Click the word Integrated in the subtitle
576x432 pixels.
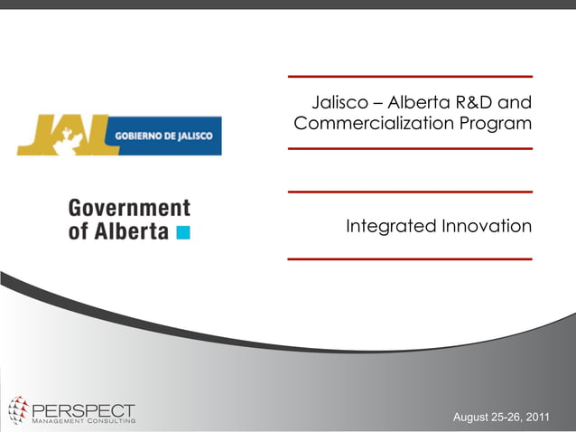(391, 225)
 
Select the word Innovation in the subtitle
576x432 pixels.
(487, 225)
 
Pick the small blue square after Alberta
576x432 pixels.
(183, 232)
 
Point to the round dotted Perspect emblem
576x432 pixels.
(18, 410)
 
